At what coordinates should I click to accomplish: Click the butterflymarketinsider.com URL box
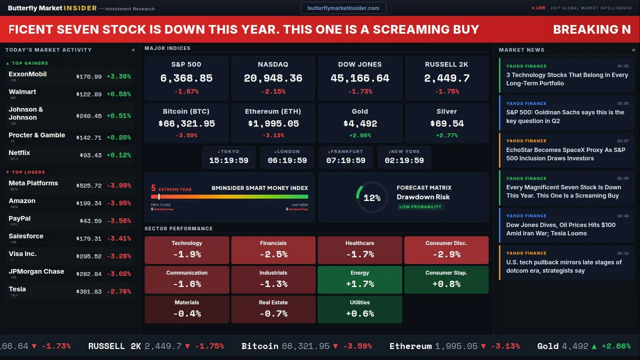[343, 8]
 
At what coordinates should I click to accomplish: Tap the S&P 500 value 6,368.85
[186, 78]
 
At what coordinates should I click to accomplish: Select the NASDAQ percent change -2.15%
[273, 91]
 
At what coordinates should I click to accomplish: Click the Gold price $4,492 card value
[360, 123]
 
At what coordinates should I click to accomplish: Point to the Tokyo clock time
[228, 160]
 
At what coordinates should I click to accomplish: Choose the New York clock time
[404, 160]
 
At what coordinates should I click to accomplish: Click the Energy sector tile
[360, 279]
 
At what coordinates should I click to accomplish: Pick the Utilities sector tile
[360, 309]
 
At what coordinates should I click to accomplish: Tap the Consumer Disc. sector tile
[446, 250]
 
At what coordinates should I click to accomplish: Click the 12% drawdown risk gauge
[371, 197]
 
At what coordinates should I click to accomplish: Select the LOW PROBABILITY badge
[420, 207]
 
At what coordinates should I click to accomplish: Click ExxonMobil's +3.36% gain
[118, 76]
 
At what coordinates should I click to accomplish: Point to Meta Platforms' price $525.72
[89, 185]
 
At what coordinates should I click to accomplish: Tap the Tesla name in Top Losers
[17, 289]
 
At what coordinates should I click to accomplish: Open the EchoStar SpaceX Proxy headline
[565, 154]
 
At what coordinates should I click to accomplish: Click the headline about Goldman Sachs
[565, 116]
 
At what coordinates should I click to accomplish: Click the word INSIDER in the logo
[79, 8]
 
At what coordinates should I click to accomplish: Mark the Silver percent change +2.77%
[446, 135]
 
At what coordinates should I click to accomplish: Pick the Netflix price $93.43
[90, 155]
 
